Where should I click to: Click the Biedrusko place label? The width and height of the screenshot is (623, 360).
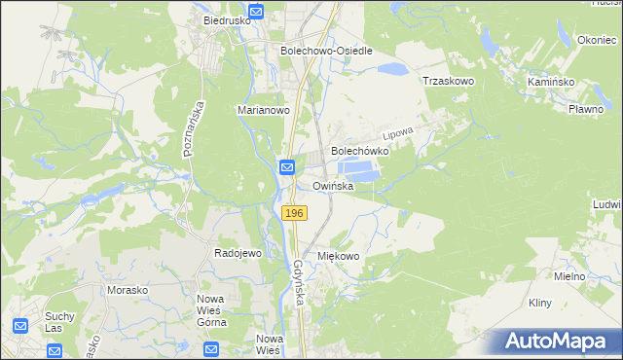227,18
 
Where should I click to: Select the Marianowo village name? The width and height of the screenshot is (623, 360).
264,111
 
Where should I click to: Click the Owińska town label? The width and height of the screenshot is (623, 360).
339,185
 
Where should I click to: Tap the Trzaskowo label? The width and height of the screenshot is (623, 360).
448,82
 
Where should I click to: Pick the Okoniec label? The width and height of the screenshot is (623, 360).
597,40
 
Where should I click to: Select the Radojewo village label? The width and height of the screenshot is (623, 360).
238,253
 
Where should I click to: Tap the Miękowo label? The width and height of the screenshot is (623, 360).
339,256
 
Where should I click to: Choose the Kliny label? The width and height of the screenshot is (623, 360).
540,303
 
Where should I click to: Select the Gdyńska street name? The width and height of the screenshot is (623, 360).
301,282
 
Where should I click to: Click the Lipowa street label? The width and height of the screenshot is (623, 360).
399,132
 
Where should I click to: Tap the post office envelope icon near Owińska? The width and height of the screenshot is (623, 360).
288,169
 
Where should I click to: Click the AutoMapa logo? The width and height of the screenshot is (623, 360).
557,342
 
